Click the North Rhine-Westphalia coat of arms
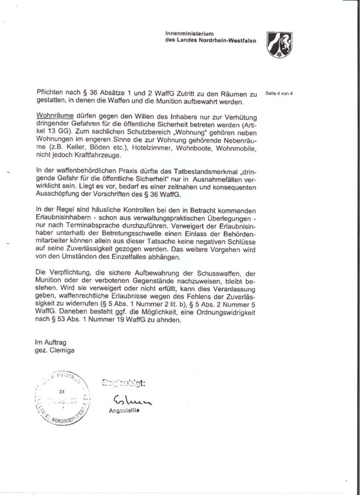[x=279, y=44]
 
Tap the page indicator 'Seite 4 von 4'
[x=280, y=93]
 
